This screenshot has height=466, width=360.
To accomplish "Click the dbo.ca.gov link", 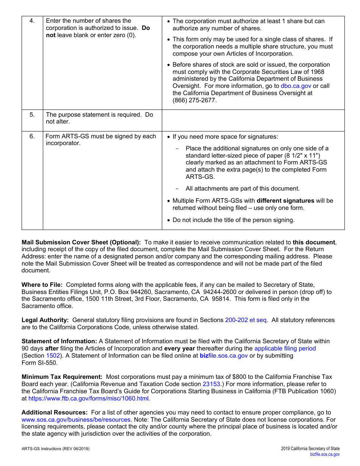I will coord(296,86).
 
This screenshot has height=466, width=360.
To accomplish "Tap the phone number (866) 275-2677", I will coord(194,100).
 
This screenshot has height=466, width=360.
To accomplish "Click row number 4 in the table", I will coord(32,21).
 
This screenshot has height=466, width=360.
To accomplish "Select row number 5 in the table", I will coord(32,114).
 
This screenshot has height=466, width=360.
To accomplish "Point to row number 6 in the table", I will coord(32,136).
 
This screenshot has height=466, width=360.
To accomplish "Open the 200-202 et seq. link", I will coord(246,320).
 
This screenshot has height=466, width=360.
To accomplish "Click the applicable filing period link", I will coord(285,348).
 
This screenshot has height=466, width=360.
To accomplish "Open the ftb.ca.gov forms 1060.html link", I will coord(89,398).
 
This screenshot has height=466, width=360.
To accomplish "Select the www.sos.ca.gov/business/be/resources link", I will coord(76,419).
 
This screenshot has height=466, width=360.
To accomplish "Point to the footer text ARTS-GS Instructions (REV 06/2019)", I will coord(56,449).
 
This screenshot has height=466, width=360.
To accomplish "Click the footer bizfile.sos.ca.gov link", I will coord(325,454).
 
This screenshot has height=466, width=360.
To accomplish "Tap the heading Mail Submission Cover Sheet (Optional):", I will coord(81,242).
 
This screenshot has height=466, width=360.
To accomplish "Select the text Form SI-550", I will coord(39,363).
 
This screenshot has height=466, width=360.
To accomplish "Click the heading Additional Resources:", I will coord(55,412).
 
